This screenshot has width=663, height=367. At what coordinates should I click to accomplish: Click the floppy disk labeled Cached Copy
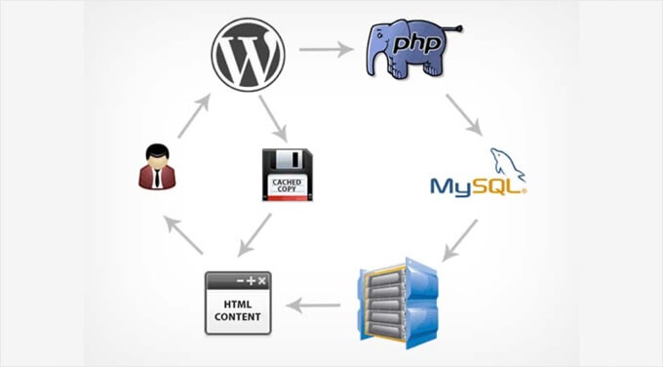[x=287, y=174]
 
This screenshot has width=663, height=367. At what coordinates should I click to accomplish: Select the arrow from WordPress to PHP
[x=323, y=47]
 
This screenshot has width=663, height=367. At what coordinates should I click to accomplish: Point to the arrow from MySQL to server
[x=459, y=240]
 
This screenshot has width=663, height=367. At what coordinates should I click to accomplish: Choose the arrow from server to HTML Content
[x=318, y=306]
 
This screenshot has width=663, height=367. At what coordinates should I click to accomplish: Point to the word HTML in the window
[x=238, y=304]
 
